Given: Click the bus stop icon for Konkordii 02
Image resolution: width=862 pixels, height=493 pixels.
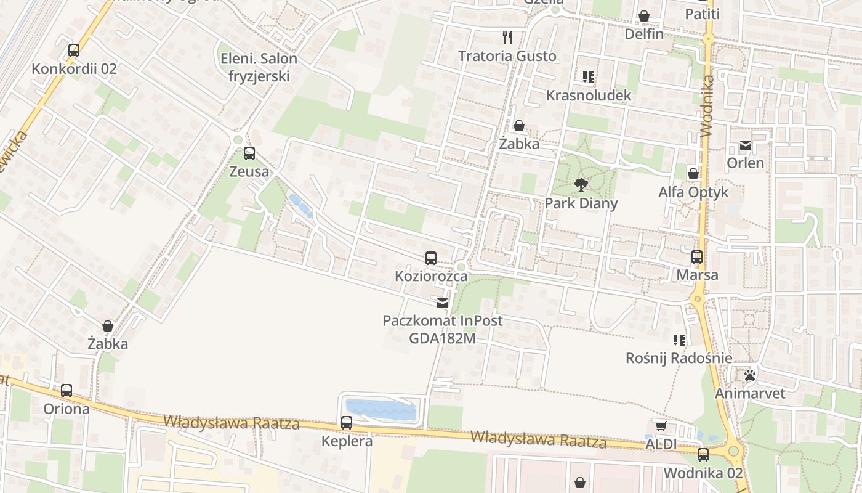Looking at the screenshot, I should (x=74, y=51).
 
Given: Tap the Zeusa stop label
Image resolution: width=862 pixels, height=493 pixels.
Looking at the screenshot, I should (x=249, y=171).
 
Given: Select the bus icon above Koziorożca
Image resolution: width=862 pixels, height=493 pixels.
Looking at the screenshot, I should (x=431, y=258).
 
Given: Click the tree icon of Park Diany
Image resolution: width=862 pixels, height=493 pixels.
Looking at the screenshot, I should (x=581, y=184).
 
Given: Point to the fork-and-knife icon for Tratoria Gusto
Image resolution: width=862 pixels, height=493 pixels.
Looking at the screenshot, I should (x=507, y=38).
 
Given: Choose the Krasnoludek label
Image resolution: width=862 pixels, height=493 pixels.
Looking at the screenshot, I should (x=589, y=96).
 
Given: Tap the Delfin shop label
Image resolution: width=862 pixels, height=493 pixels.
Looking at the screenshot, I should (x=644, y=34).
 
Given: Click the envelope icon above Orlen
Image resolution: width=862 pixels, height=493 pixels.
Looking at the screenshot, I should (x=746, y=145).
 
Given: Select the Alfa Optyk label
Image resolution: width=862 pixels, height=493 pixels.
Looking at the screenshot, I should (x=693, y=192).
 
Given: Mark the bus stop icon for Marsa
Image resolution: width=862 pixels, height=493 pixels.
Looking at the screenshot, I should (x=697, y=257).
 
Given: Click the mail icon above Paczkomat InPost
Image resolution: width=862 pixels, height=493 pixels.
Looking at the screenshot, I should (x=443, y=303).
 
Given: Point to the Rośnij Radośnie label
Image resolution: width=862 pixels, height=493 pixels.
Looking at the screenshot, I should (x=679, y=358).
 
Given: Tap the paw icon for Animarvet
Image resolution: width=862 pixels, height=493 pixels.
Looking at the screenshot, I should (x=749, y=375).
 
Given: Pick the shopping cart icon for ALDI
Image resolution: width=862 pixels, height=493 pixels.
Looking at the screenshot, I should (x=661, y=426).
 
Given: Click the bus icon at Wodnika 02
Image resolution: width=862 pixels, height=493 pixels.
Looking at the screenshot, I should (x=703, y=455).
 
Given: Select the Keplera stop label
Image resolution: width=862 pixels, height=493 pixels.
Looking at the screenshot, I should (x=347, y=441).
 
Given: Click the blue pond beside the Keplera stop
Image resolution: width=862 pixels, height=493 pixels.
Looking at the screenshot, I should (x=380, y=409).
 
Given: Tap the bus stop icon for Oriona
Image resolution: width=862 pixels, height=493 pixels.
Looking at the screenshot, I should (x=66, y=390).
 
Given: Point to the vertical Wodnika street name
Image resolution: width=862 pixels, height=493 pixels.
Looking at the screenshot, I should (x=706, y=105).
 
